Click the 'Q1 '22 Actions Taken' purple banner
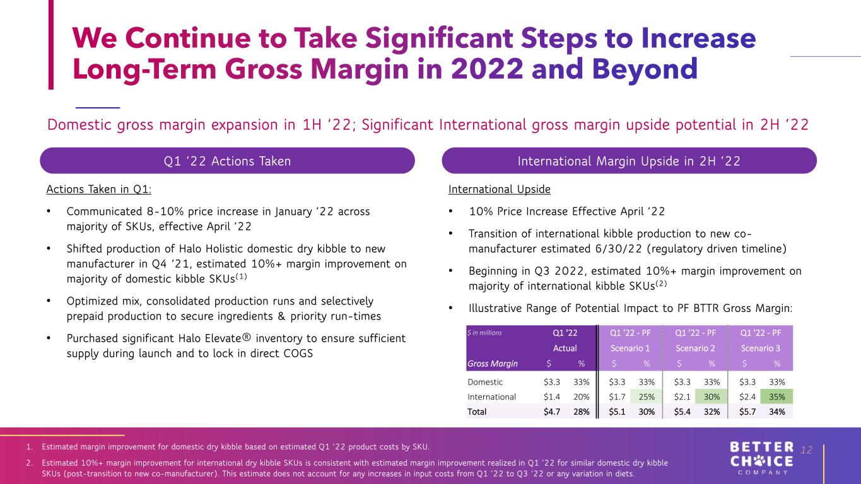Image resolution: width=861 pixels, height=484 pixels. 227,161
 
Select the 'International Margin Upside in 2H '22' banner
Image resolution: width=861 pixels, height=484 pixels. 630,161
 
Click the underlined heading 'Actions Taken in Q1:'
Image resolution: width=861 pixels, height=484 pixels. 99,189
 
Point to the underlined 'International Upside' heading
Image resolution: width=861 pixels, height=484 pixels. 500,189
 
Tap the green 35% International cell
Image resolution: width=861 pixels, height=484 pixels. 776,397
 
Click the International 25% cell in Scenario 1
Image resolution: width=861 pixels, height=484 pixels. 646,397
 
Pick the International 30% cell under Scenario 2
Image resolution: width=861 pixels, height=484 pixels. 712,397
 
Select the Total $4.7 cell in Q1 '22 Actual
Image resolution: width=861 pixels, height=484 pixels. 551,412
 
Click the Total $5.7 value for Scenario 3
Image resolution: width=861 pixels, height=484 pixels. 747,412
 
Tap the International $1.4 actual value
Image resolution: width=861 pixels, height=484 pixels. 551,397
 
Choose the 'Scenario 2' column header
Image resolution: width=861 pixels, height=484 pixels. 695,349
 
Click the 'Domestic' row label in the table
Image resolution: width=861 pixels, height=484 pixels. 485,382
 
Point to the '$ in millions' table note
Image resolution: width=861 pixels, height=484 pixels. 484,333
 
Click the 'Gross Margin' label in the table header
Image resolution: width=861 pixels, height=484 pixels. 493,364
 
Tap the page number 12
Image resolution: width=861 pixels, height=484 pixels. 806,450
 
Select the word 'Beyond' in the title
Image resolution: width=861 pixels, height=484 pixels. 645,69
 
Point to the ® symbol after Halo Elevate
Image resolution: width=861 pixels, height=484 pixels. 247,338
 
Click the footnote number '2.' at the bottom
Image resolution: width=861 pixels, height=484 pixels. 30,463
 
